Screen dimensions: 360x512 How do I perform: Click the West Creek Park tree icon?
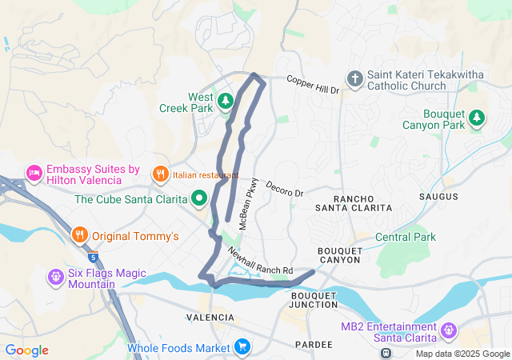(226, 101)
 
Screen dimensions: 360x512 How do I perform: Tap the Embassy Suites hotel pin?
(34, 172)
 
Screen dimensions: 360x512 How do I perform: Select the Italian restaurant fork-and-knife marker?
(160, 173)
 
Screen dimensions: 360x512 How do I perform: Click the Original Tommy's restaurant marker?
(78, 235)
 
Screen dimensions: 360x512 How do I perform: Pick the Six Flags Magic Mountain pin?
(55, 277)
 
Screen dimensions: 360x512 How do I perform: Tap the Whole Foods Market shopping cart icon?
(242, 347)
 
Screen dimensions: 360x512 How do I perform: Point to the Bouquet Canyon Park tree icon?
(477, 118)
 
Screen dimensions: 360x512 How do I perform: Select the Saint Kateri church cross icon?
(354, 78)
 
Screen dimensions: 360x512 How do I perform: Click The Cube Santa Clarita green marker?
(199, 198)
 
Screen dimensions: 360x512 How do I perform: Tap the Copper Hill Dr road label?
(314, 86)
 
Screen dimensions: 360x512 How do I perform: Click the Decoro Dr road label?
(285, 188)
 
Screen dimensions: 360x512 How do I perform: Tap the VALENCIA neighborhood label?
(210, 318)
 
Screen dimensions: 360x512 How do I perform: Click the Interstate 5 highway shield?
(94, 258)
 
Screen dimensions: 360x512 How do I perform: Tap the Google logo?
(26, 350)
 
